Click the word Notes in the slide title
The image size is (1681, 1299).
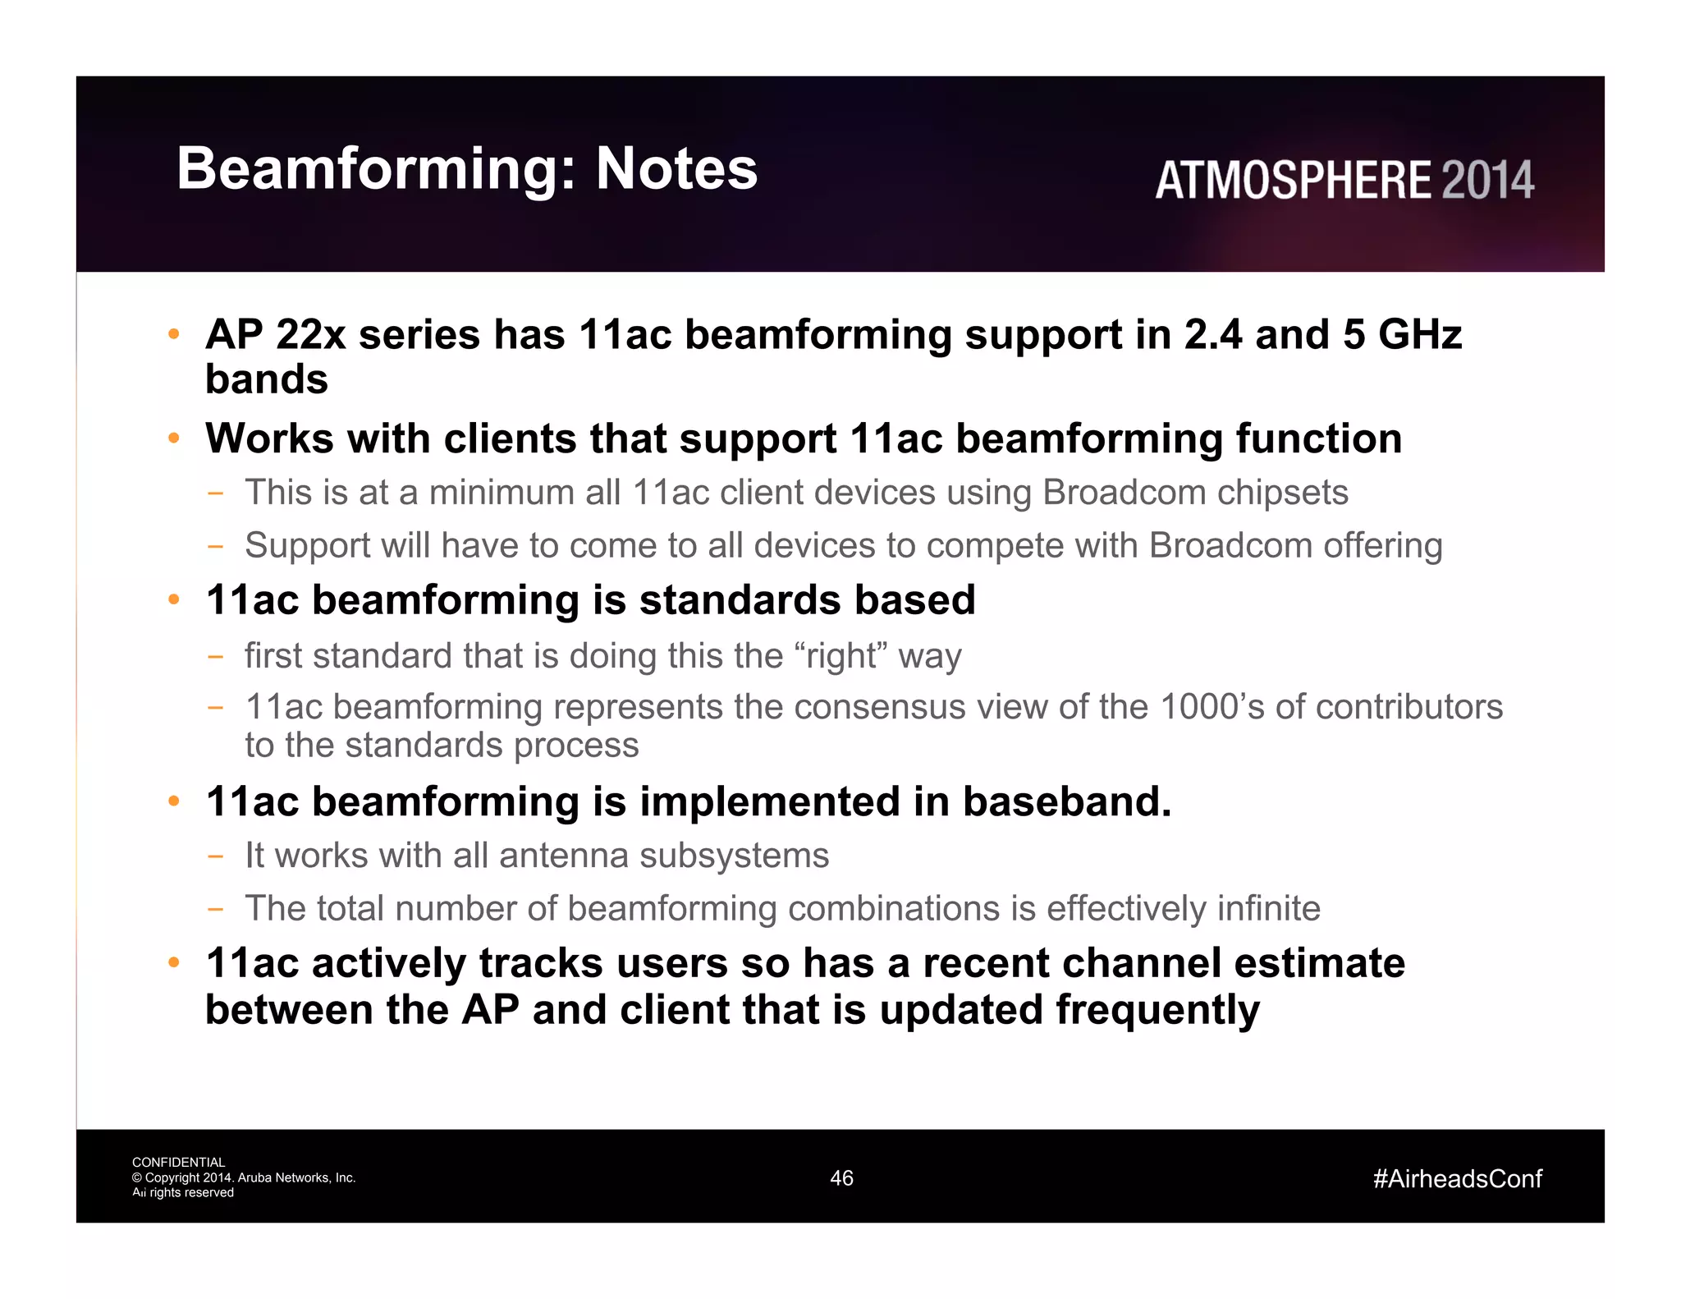(x=676, y=169)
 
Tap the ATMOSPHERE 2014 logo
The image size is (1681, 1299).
(x=1344, y=181)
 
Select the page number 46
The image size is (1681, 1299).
(x=841, y=1178)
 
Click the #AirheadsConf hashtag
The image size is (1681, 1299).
(x=1457, y=1179)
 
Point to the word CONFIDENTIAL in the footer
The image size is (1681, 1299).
(x=178, y=1163)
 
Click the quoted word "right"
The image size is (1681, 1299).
(x=841, y=656)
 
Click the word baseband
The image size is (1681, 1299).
(x=1066, y=801)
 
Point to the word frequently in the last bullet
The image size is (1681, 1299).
(x=1157, y=1010)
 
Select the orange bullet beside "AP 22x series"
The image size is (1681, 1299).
(x=173, y=335)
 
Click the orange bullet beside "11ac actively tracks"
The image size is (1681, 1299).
(x=173, y=963)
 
